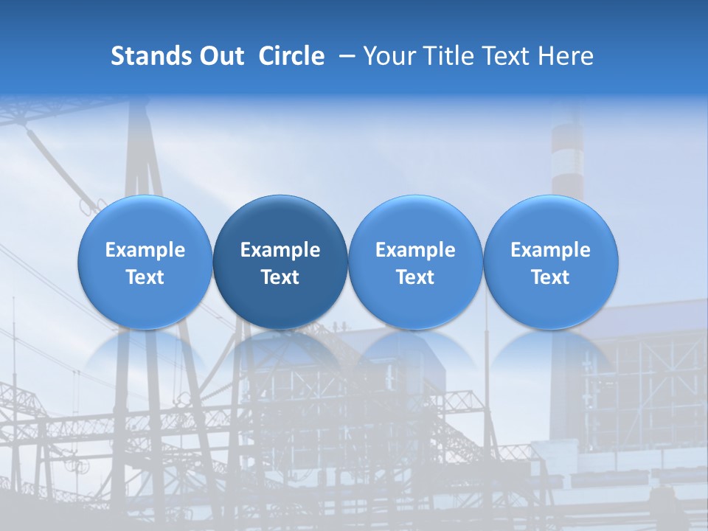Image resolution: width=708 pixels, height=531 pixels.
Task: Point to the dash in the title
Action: coord(345,56)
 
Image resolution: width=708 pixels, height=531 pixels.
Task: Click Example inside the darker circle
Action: coord(280,250)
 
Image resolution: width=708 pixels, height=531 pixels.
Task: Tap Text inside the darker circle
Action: coord(280,277)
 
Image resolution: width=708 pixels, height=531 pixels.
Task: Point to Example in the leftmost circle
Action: coord(145,250)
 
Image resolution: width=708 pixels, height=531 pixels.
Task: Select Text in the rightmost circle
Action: coord(550,277)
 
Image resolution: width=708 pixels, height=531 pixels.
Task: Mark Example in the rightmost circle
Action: coord(550,250)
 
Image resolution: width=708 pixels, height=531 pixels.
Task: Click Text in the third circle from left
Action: coord(415,277)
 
